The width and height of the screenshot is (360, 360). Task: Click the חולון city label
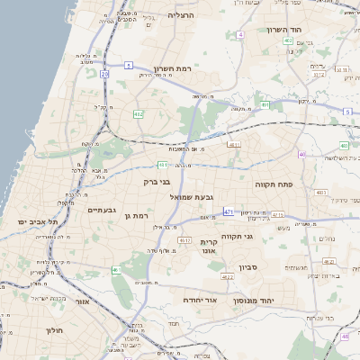[x=54, y=330]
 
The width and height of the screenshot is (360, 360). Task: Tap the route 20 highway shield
[x=104, y=75]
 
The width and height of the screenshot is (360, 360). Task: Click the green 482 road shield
[x=138, y=114]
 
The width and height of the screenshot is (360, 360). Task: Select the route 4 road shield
[x=240, y=35]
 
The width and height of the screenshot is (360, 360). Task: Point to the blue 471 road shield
[x=229, y=212]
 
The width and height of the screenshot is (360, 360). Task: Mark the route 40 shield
[x=302, y=156]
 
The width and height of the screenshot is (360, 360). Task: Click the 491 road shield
[x=265, y=105]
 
